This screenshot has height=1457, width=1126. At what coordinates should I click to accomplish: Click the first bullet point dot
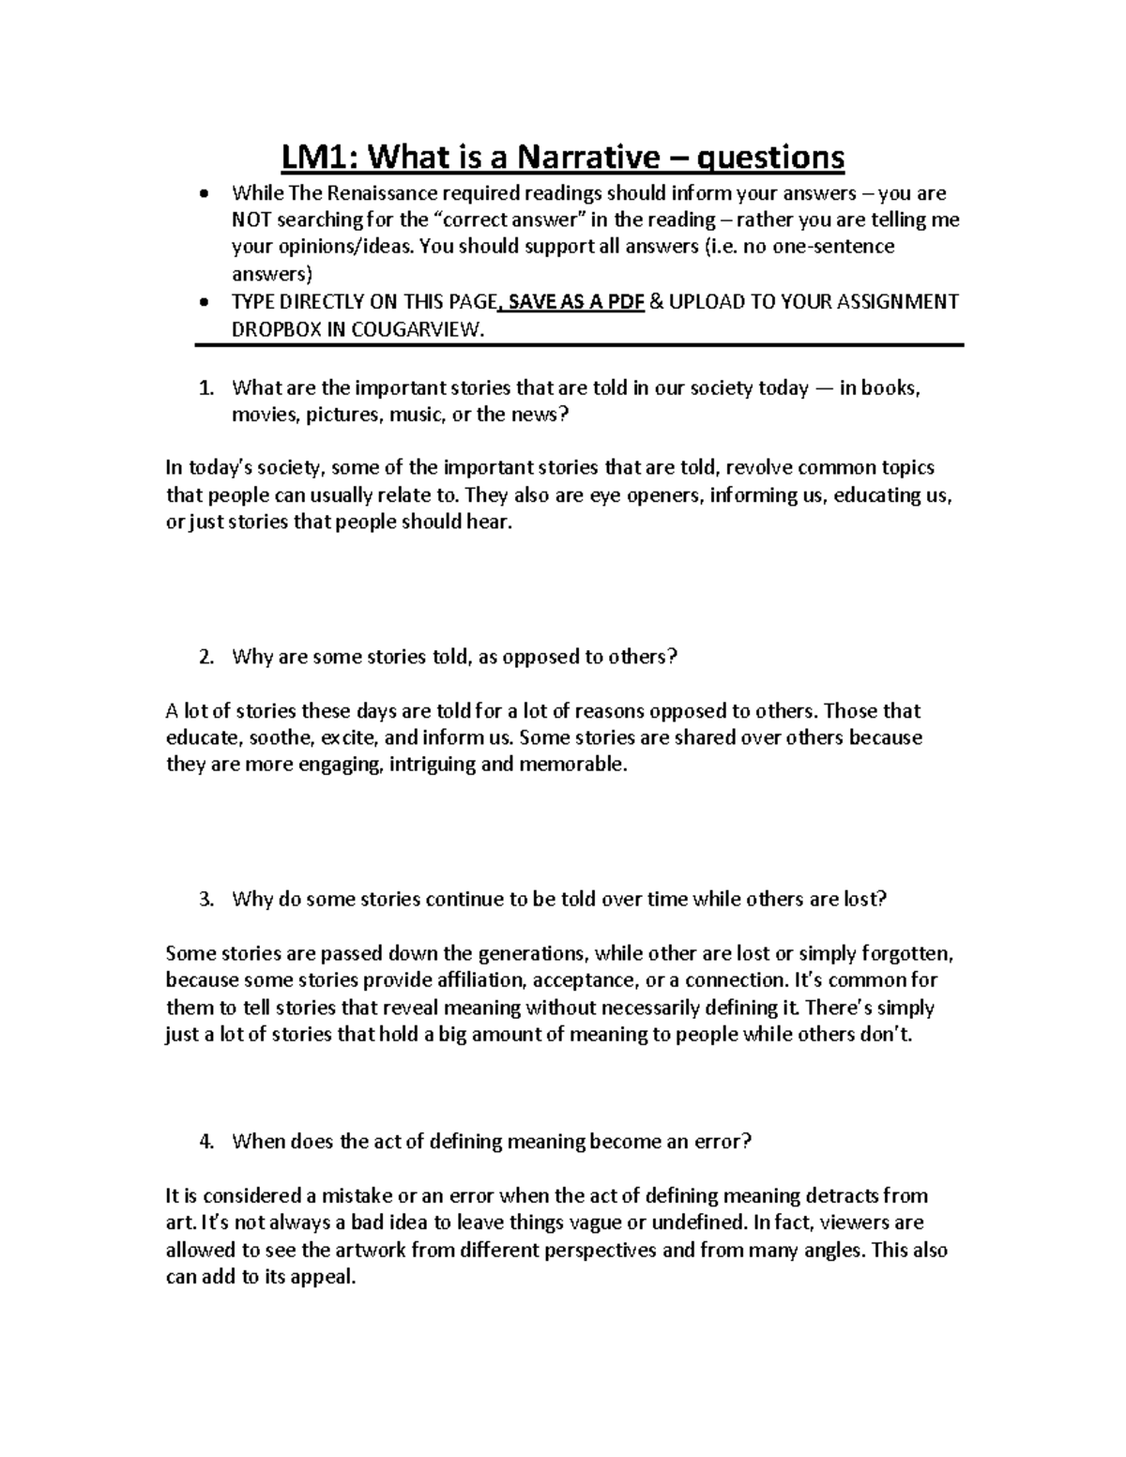[x=205, y=194]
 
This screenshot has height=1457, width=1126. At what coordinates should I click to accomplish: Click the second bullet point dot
[x=205, y=303]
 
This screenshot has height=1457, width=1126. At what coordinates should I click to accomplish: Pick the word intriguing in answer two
[x=432, y=765]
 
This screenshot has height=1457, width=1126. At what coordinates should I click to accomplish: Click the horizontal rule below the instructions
[x=579, y=346]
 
